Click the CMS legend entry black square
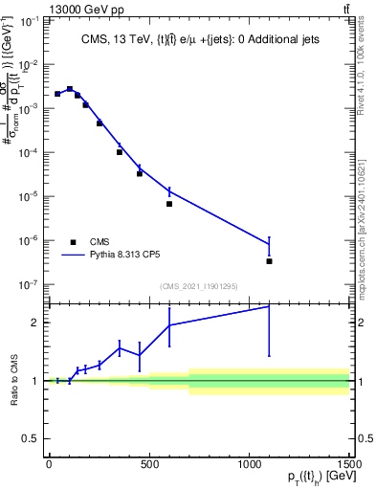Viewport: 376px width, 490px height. tap(73, 242)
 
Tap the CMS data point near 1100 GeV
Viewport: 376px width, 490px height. tap(270, 261)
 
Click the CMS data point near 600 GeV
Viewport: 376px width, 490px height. tap(169, 204)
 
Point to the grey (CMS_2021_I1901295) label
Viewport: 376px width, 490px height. tap(199, 286)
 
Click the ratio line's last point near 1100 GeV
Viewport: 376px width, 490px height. tap(270, 306)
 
